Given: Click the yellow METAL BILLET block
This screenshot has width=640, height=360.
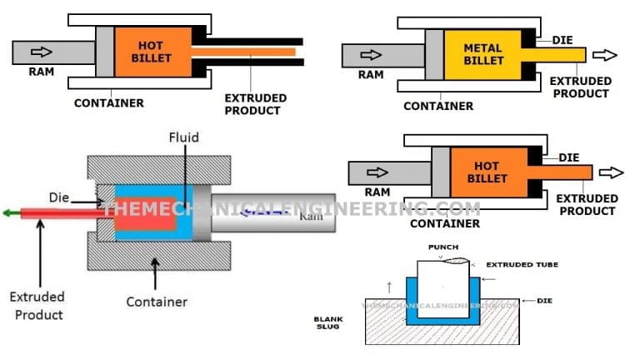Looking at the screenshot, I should coord(482,55).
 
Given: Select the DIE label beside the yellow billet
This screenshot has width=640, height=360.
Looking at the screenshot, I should coord(562,39).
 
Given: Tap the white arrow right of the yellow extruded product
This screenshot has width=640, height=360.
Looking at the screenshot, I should coord(605,55).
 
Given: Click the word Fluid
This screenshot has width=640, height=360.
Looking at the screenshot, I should coord(183,137).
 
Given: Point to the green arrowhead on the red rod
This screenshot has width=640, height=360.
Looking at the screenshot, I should coord(9,212).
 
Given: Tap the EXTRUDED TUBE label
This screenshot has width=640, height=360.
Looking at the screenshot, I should coord(521,264).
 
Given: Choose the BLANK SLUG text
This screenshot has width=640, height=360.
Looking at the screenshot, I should coord(327,323).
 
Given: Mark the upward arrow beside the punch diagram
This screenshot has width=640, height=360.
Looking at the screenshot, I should coord(388,288).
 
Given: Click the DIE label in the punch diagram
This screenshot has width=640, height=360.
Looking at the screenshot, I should coord(532,300).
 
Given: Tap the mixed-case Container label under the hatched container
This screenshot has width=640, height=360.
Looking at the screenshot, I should coord(156,302).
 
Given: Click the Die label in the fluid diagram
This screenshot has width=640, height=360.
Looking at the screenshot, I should coord(82,198).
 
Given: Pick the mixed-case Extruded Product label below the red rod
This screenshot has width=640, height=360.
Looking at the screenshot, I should coord(36,305).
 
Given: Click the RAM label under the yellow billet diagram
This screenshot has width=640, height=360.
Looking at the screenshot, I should coord(371,74).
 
